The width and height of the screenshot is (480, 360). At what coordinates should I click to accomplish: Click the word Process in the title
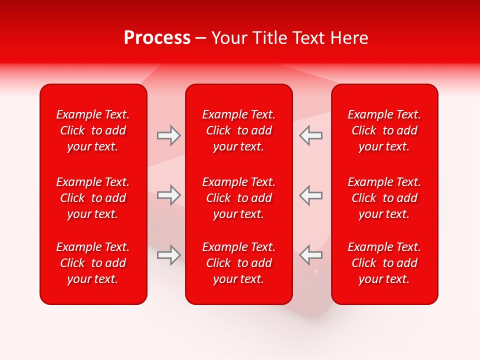click(x=157, y=38)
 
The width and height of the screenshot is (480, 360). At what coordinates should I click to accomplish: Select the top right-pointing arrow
click(x=169, y=135)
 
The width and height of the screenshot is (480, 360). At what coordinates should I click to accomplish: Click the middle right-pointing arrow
click(x=169, y=195)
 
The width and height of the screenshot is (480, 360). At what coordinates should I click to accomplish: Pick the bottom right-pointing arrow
click(x=169, y=255)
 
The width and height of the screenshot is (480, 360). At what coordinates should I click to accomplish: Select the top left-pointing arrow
click(x=310, y=135)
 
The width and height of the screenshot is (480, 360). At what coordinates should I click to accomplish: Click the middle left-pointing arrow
click(x=310, y=195)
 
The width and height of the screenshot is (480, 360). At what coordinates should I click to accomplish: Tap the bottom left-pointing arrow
click(x=310, y=255)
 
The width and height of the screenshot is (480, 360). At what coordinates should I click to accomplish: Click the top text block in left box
click(x=93, y=130)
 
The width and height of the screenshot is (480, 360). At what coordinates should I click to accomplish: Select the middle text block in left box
click(x=93, y=198)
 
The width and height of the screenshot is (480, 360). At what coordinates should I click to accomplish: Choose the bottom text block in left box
click(x=93, y=263)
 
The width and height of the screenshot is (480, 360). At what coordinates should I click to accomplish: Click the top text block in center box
click(x=238, y=130)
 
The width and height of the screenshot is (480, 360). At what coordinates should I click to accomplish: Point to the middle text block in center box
click(x=238, y=198)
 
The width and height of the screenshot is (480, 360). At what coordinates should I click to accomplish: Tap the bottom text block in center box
click(x=238, y=263)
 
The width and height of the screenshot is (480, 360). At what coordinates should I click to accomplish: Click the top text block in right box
click(x=384, y=130)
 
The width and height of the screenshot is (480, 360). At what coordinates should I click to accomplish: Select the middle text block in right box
click(x=384, y=198)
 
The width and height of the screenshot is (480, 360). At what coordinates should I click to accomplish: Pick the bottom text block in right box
click(x=384, y=263)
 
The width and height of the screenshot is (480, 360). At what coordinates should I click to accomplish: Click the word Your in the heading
click(x=229, y=38)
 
